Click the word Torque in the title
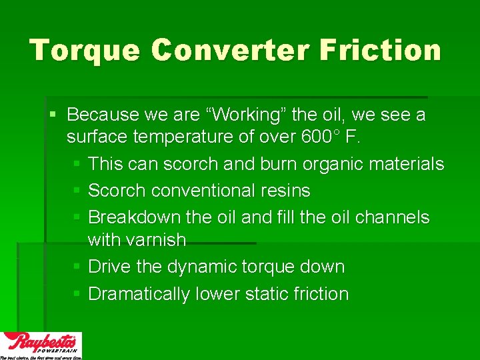(84, 51)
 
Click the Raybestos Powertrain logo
(41, 345)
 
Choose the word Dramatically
(139, 294)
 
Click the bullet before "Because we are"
(53, 115)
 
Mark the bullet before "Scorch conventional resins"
(77, 191)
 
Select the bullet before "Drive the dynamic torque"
(77, 267)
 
